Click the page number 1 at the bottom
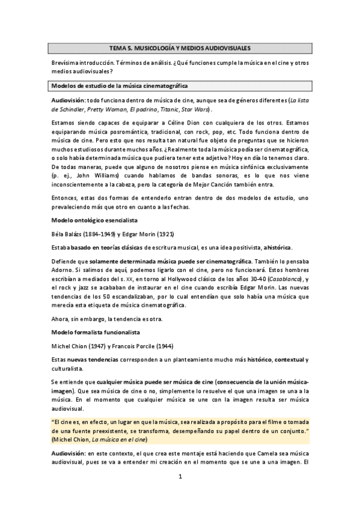point(180,478)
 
